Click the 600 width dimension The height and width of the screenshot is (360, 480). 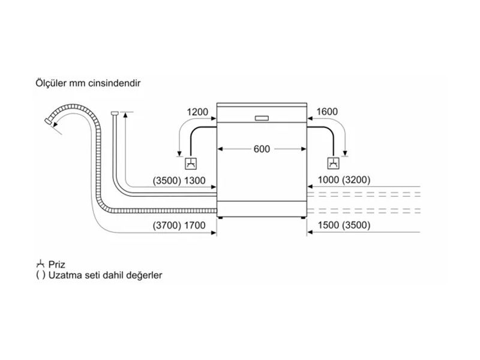[x=262, y=149]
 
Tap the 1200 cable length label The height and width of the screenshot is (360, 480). [x=197, y=112]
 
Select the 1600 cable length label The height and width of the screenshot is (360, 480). [x=326, y=112]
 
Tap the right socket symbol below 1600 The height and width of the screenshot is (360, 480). [x=332, y=163]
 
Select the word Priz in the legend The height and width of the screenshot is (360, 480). [x=58, y=264]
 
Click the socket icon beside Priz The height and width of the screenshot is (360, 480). [x=41, y=263]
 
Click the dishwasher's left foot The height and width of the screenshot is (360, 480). [x=222, y=217]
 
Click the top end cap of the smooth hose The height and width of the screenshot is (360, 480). [x=114, y=112]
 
